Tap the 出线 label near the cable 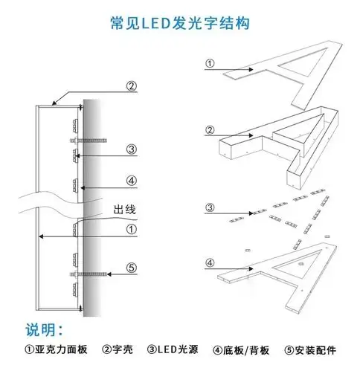(124, 210)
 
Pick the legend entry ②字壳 (118, 349)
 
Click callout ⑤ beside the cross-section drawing (131, 268)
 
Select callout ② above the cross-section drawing (131, 86)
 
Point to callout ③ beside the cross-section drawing (131, 149)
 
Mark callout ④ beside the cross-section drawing (131, 180)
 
